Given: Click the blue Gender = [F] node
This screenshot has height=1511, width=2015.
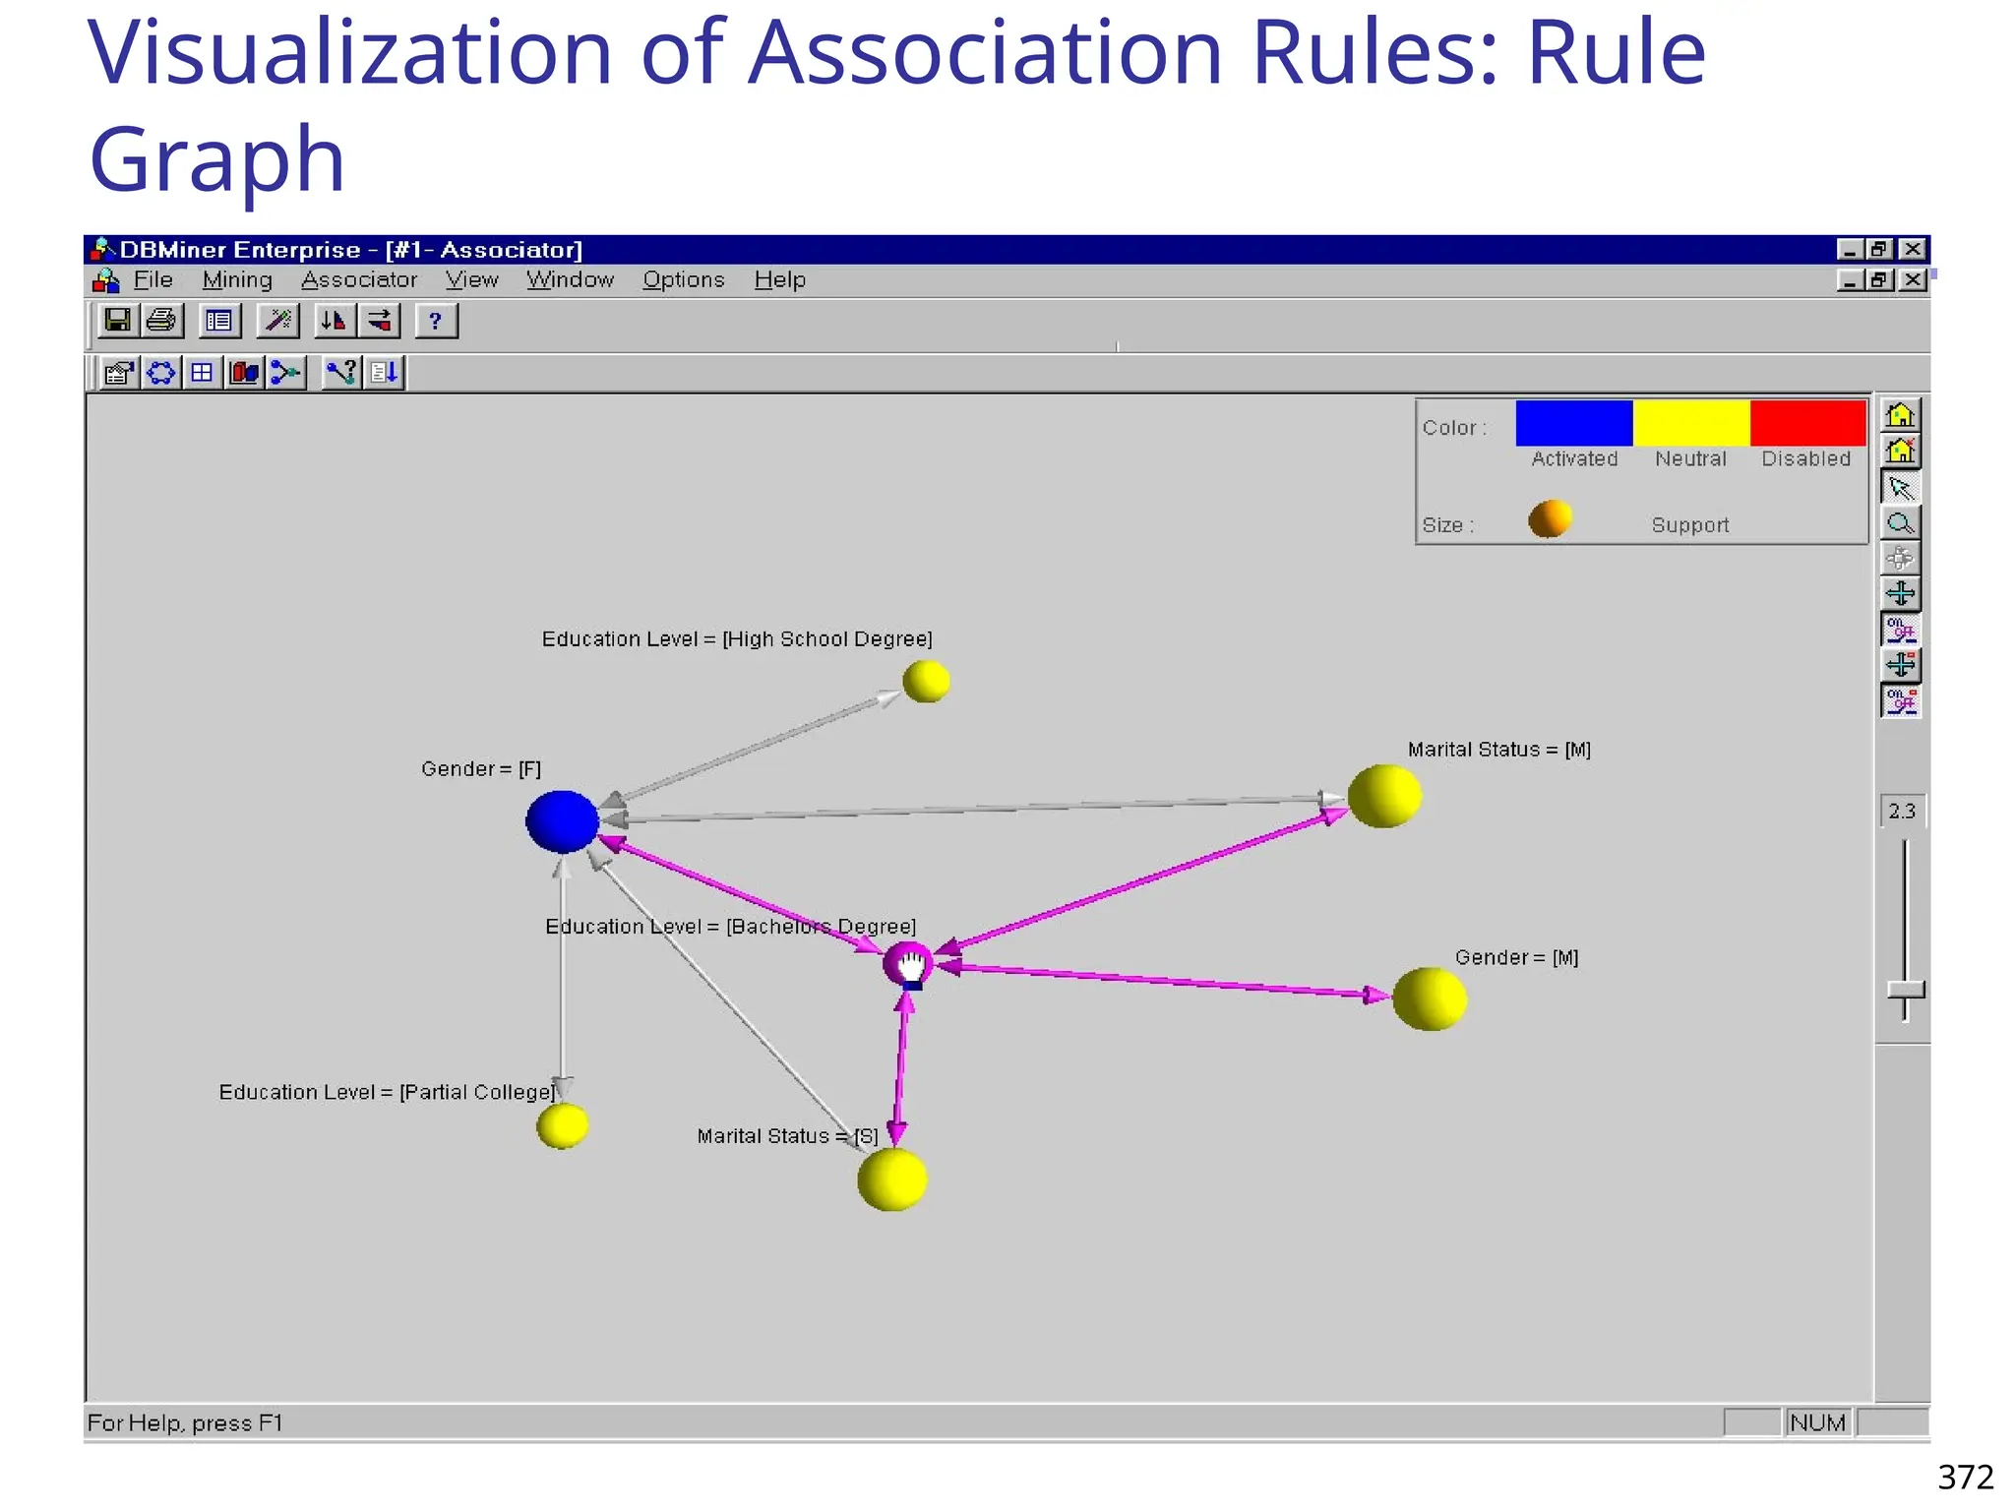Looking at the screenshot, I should pos(562,821).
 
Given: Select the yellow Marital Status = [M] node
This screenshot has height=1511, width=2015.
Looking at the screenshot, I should pos(1384,796).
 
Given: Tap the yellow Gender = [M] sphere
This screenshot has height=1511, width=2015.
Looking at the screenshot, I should pos(1430,998).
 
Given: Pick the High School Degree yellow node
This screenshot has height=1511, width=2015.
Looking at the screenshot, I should pos(926,681).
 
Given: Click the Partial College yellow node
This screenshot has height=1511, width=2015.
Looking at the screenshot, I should pos(563,1125).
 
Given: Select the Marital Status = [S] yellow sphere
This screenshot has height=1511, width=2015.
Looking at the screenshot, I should pos(892,1179).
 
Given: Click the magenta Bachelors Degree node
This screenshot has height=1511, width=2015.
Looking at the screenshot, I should pos(906,963).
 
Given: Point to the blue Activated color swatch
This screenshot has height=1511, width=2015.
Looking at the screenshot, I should pos(1573,423).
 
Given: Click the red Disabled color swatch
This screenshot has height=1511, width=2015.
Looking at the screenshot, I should pos(1807,423).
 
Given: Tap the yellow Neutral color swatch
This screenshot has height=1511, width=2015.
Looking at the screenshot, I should pos(1690,423).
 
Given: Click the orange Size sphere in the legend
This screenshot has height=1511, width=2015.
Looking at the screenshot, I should pos(1550,518).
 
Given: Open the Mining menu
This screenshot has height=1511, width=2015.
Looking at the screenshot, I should pos(237,280).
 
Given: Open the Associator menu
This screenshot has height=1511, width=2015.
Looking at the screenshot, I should pos(359,280).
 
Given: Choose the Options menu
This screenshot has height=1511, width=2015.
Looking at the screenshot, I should pos(684,280).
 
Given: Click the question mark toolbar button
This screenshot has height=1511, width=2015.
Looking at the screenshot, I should pos(435,321).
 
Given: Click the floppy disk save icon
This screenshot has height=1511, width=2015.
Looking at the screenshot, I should pos(118,321).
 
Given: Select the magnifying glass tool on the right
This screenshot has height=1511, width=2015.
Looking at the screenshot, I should pos(1901,523).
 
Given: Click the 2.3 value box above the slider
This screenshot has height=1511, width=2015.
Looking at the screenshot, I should pos(1902,811).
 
